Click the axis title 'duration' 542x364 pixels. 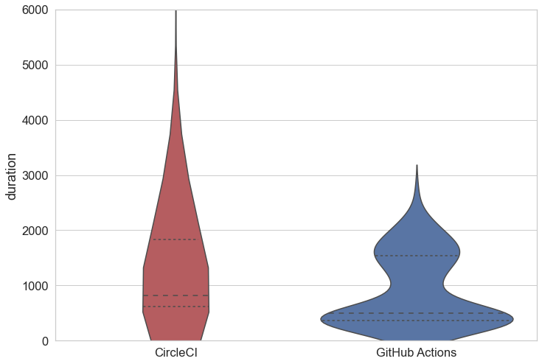pyautogui.click(x=11, y=176)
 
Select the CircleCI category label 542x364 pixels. pyautogui.click(x=176, y=353)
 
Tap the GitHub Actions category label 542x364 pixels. pyautogui.click(x=416, y=353)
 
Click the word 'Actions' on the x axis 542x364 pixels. pyautogui.click(x=436, y=353)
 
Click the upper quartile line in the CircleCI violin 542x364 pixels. pyautogui.click(x=176, y=239)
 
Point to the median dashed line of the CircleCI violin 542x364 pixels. pyautogui.click(x=176, y=295)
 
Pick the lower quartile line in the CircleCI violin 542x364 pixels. pyautogui.click(x=176, y=307)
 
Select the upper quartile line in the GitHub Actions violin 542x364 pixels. pyautogui.click(x=417, y=256)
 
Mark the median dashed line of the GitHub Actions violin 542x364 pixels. pyautogui.click(x=417, y=313)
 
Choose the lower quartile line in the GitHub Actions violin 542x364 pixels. pyautogui.click(x=417, y=321)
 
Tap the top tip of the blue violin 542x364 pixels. pyautogui.click(x=417, y=167)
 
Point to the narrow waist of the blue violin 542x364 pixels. pyautogui.click(x=417, y=284)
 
